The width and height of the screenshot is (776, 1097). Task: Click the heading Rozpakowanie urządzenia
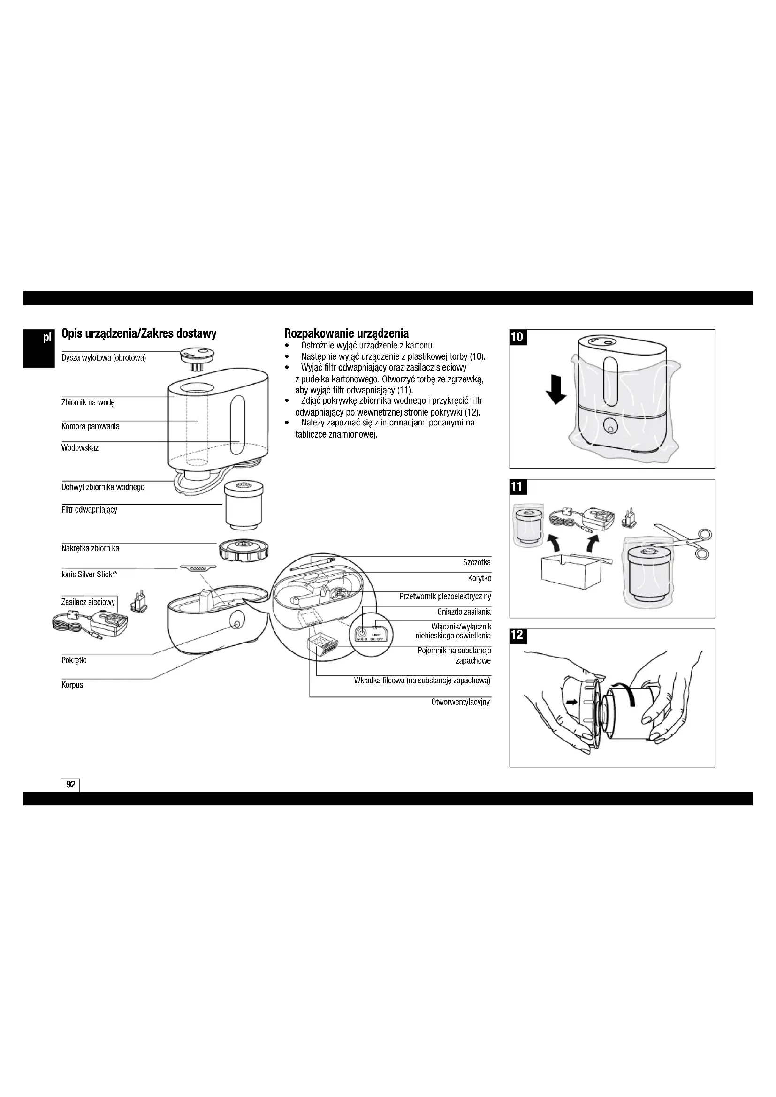click(x=346, y=333)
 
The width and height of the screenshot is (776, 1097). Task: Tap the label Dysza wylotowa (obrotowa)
click(x=103, y=358)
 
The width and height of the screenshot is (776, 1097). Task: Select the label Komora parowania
click(x=90, y=426)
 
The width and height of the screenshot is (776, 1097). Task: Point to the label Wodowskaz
click(x=80, y=448)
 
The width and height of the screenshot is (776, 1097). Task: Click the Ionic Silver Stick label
click(x=89, y=575)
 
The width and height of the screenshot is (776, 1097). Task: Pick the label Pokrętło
click(x=74, y=660)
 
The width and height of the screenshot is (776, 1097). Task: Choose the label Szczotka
click(x=476, y=562)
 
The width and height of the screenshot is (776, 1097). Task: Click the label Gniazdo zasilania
click(x=464, y=612)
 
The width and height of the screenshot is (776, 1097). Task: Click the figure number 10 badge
click(x=517, y=337)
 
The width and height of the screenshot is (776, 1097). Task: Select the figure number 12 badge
click(x=517, y=636)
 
